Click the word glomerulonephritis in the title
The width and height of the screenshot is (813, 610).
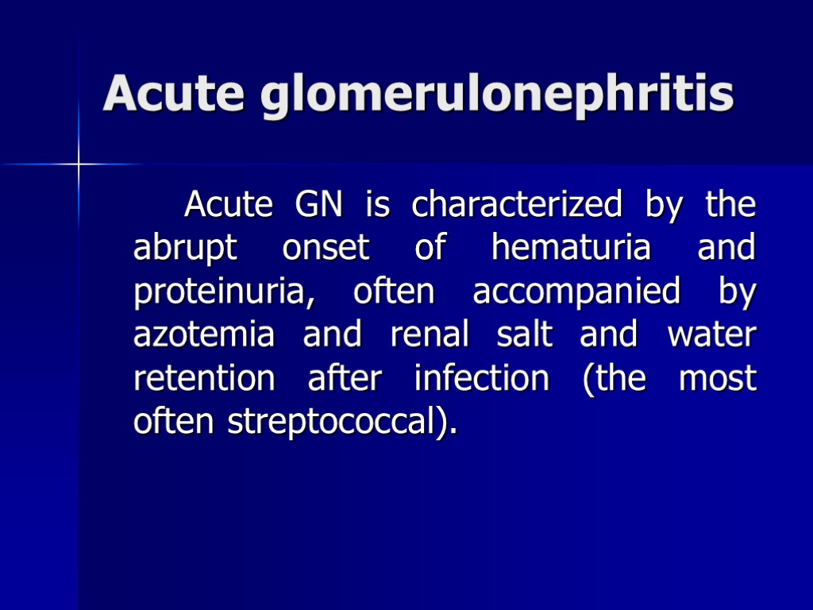(497, 95)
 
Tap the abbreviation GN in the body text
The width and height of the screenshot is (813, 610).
(318, 205)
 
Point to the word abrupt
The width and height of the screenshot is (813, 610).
(184, 249)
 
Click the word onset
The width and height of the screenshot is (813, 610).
(326, 249)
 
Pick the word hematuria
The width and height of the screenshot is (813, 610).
(571, 249)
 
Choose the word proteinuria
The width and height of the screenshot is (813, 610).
(219, 292)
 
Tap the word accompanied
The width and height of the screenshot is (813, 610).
(576, 292)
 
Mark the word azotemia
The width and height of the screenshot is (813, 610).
(204, 335)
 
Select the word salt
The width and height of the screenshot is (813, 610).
(525, 335)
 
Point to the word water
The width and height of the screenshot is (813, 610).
(711, 335)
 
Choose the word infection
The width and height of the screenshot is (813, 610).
(481, 379)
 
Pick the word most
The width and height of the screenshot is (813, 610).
(718, 379)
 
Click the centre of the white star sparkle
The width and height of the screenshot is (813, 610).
(79, 164)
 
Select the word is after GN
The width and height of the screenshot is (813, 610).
(377, 205)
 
